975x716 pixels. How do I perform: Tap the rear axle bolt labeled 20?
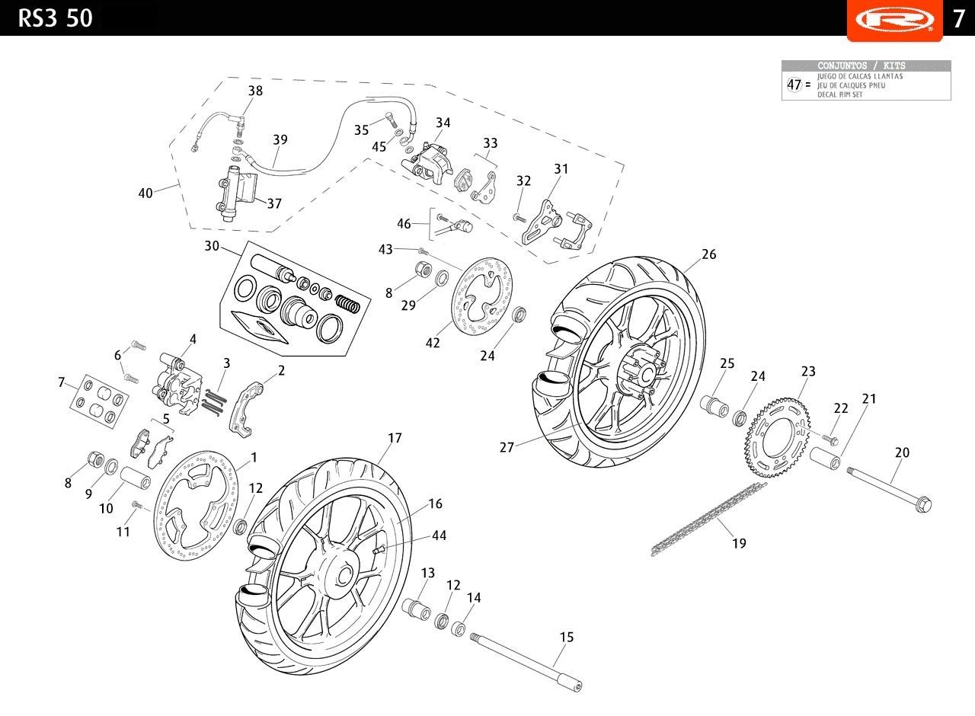pos(889,490)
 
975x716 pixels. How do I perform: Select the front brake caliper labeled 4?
pos(177,383)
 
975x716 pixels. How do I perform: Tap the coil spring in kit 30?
pos(347,303)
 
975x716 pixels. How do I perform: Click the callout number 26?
pos(708,254)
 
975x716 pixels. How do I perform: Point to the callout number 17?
pos(395,437)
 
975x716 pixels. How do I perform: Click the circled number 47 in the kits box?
pos(794,85)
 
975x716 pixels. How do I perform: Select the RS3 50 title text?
pos(56,18)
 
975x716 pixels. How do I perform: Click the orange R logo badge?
pos(894,21)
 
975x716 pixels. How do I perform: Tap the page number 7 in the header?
pos(959,19)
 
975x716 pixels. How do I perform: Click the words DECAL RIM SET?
pos(839,94)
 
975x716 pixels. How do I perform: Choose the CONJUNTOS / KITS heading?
pos(861,66)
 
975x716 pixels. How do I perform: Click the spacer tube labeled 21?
pos(825,458)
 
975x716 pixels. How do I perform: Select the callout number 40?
pos(145,193)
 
